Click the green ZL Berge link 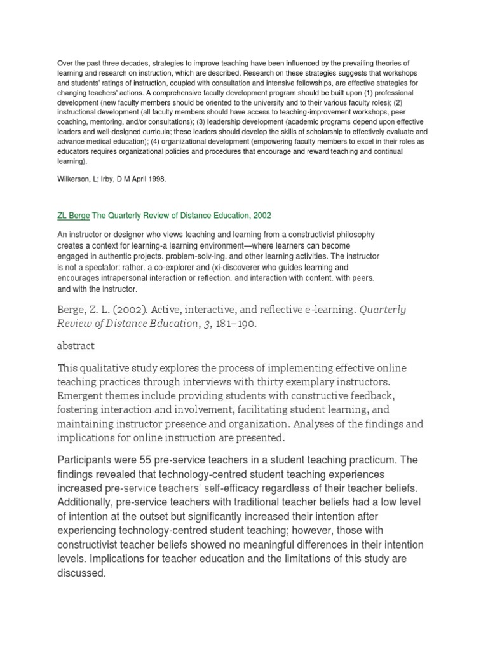click(74, 216)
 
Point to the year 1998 click(156, 179)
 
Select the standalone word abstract click(76, 345)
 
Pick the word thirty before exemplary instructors click(271, 382)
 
